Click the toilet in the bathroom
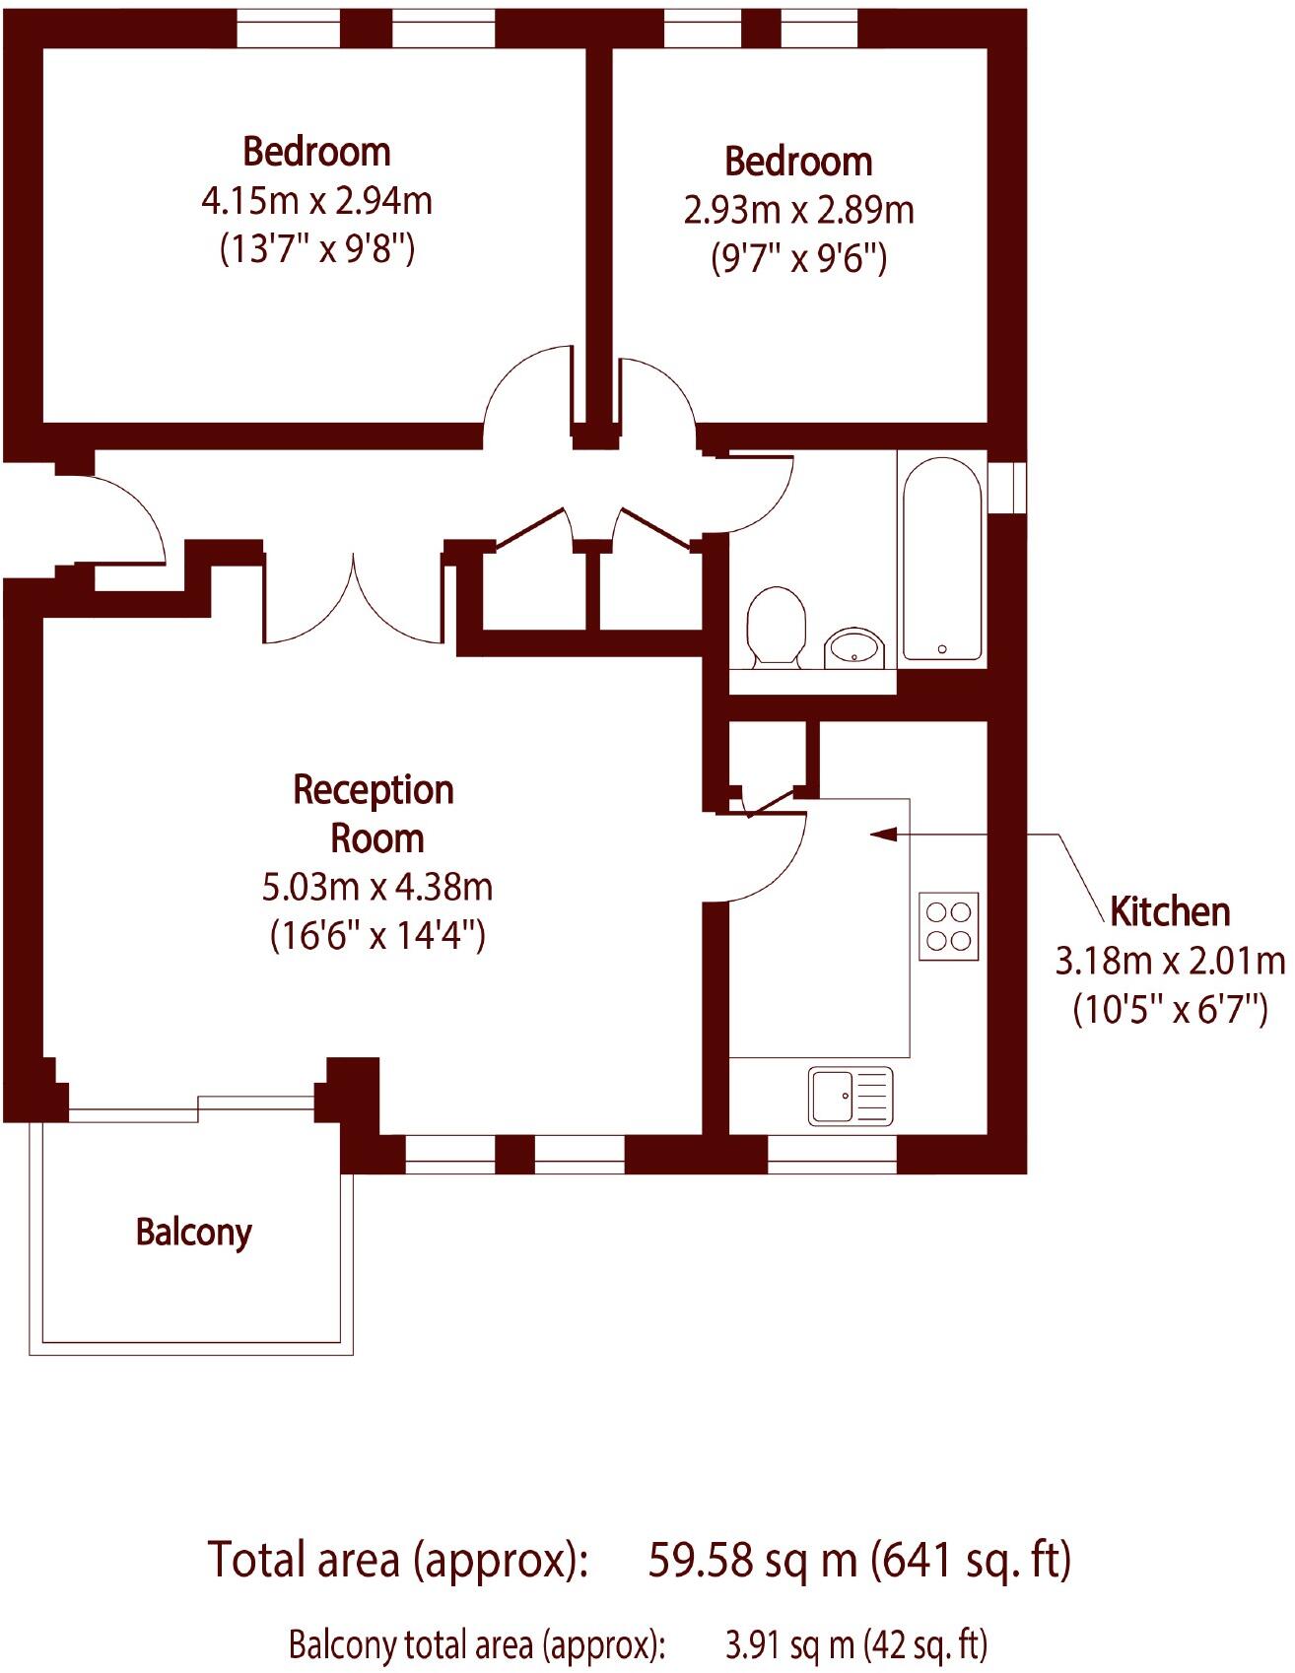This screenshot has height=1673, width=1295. (x=776, y=627)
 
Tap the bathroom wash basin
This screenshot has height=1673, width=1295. (x=853, y=648)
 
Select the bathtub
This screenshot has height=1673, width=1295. (x=941, y=559)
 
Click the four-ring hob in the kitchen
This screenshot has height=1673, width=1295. (x=949, y=926)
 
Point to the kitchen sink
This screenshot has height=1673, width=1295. (x=851, y=1096)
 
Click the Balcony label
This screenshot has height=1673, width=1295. (x=194, y=1233)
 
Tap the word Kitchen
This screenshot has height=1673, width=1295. (x=1170, y=911)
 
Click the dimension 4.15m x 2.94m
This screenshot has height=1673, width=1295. (x=316, y=201)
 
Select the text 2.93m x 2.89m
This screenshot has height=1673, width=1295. (x=798, y=210)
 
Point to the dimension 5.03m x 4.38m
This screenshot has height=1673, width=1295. (x=376, y=887)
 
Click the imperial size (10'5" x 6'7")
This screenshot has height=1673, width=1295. (x=1170, y=1009)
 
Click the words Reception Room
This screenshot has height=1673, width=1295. (x=375, y=814)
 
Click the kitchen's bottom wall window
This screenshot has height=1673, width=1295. (x=832, y=1154)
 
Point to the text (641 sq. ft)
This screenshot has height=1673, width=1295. (x=972, y=1560)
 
